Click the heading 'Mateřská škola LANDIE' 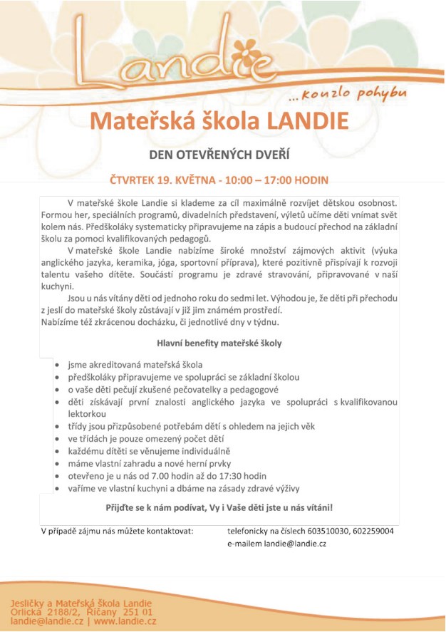219,120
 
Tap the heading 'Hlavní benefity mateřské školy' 219,343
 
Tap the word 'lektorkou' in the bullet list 87,413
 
